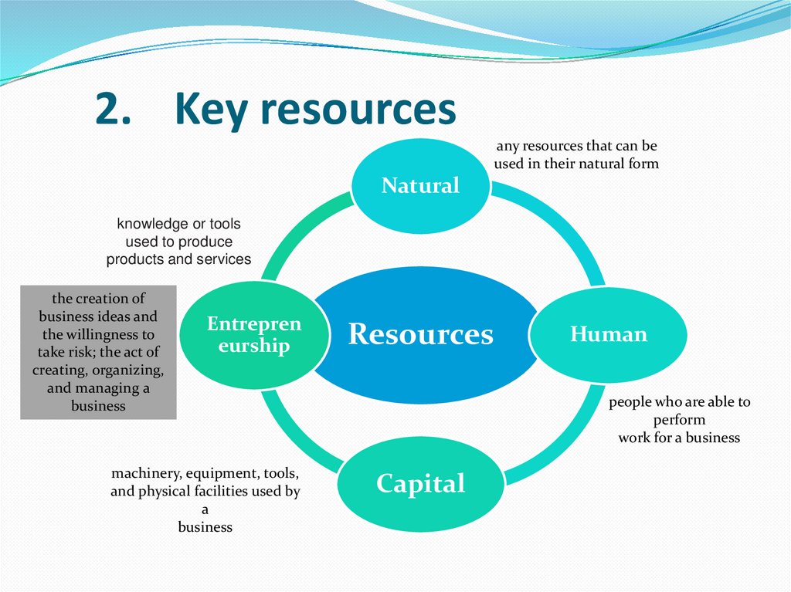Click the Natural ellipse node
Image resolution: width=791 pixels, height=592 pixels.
[x=420, y=185]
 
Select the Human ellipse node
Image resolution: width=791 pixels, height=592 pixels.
[x=609, y=334]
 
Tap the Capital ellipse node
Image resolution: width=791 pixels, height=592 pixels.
[x=420, y=484]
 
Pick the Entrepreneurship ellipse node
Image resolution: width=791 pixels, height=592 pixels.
[x=253, y=334]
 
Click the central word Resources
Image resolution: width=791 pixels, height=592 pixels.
[x=420, y=334]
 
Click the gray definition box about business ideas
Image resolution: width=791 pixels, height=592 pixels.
[x=98, y=352]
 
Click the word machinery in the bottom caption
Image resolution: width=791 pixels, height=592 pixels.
[x=144, y=473]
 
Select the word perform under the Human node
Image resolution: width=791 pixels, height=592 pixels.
[x=679, y=420]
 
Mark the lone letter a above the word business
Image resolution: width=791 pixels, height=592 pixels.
[x=205, y=509]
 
